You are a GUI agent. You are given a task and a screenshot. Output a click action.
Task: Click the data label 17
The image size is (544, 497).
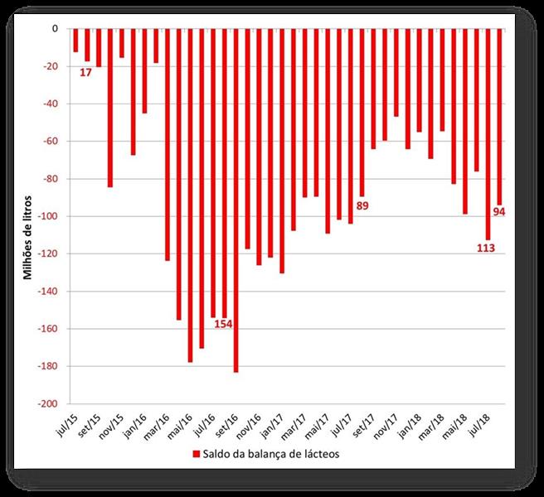(x=86, y=72)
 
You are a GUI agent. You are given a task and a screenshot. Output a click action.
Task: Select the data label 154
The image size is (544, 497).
(x=223, y=323)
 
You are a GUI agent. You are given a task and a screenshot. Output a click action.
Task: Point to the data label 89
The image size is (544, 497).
(x=362, y=206)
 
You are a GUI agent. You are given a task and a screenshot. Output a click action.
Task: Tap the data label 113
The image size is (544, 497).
(x=486, y=248)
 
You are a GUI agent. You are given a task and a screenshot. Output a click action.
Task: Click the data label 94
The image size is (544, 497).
(x=499, y=211)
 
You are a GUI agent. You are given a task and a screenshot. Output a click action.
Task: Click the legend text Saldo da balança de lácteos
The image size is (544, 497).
(x=270, y=454)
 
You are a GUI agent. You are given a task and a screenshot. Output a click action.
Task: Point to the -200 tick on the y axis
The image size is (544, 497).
(x=47, y=403)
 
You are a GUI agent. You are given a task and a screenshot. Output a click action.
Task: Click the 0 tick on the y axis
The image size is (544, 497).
(x=55, y=29)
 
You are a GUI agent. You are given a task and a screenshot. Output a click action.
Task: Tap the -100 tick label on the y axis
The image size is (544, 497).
(x=47, y=216)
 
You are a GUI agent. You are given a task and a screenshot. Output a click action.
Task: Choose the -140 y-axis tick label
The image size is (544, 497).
(x=47, y=292)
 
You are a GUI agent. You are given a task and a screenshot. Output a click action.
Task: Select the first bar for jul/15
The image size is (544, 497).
(x=75, y=41)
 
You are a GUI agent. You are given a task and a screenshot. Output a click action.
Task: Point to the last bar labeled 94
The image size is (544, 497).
(x=499, y=116)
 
